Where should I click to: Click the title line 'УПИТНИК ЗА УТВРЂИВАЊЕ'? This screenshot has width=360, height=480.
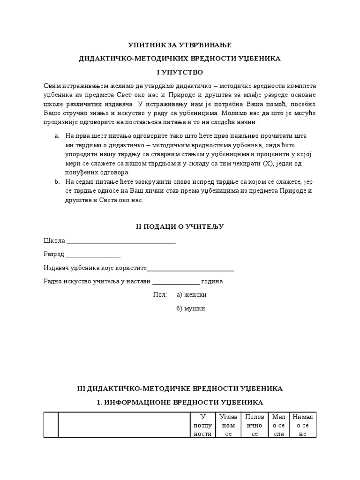click(x=180, y=45)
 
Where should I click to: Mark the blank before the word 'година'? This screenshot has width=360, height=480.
click(x=176, y=283)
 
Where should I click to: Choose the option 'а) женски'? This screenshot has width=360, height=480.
click(x=191, y=295)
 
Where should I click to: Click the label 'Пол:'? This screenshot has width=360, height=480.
click(x=160, y=295)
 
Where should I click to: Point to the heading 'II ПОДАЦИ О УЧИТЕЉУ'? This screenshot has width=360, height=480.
click(x=180, y=227)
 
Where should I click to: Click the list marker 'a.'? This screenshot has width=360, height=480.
click(x=57, y=136)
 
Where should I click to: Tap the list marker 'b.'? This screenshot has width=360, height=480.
click(x=57, y=181)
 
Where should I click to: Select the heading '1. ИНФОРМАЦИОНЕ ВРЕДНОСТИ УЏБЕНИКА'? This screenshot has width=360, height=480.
click(x=180, y=402)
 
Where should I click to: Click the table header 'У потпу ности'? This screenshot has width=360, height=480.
click(x=202, y=425)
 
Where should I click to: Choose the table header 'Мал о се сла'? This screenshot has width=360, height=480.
click(x=278, y=425)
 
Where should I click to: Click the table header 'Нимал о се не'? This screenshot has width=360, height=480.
click(x=303, y=425)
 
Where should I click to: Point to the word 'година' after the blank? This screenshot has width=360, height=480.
click(x=212, y=282)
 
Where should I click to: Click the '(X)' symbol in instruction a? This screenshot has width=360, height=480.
click(x=268, y=164)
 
